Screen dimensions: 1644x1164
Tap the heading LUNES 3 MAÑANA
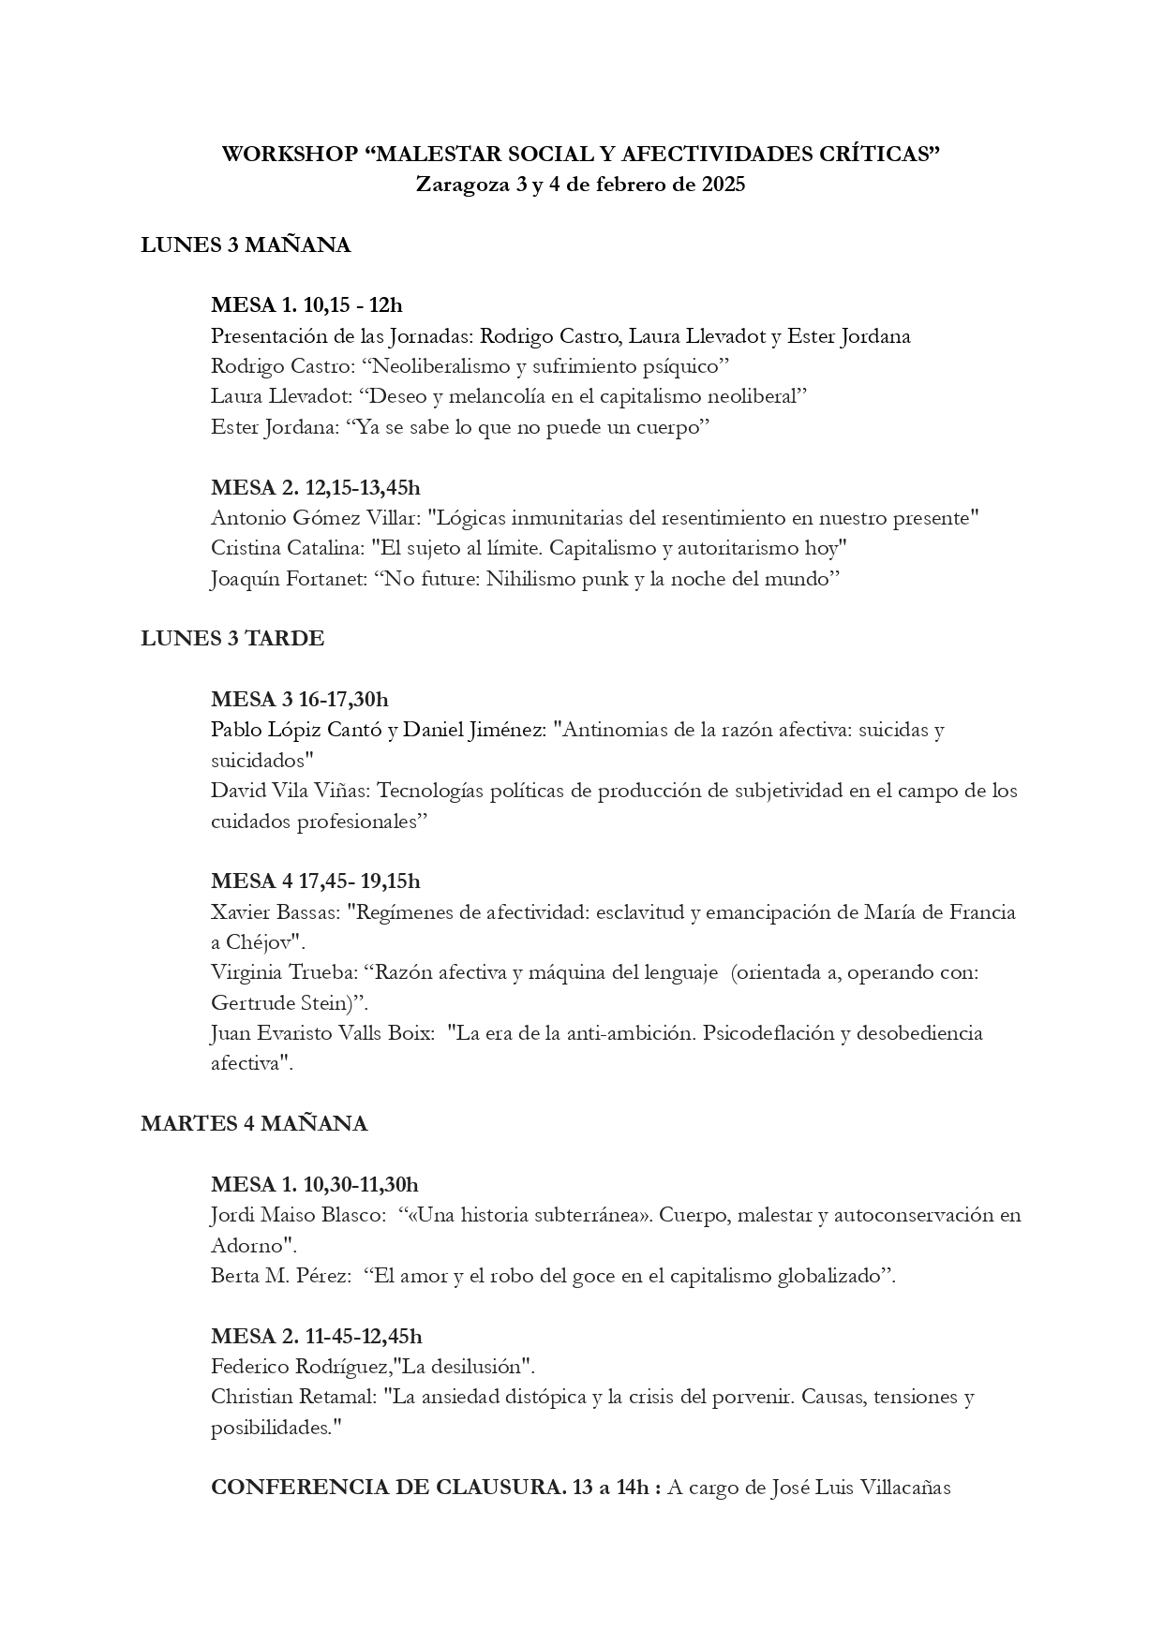[246, 245]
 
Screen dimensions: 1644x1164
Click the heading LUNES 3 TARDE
[232, 639]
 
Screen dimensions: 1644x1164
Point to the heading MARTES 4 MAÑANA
[254, 1124]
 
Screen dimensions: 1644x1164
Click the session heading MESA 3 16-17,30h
[300, 699]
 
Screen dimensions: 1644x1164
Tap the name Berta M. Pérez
[280, 1275]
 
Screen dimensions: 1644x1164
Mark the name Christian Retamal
[293, 1397]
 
